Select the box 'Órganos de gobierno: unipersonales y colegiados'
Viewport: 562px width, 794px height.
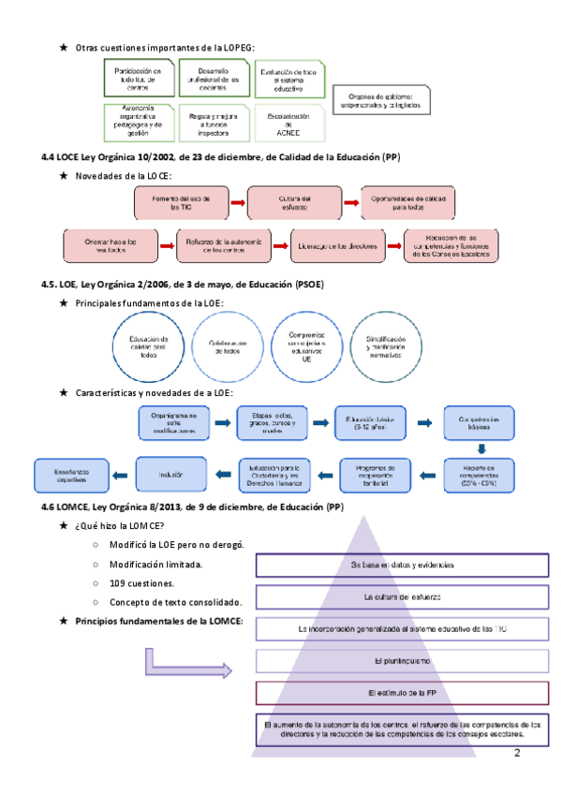pos(384,100)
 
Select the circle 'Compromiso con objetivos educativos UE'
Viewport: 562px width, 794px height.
pos(306,346)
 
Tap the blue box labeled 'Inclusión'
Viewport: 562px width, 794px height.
pos(170,472)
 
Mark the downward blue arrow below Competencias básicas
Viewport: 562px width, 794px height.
pos(479,448)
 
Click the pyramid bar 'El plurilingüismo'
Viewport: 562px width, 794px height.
pos(388,661)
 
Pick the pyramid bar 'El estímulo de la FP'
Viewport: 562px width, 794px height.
pos(388,693)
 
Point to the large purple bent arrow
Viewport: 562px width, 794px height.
pos(187,666)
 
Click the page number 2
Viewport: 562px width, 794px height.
pos(516,753)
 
